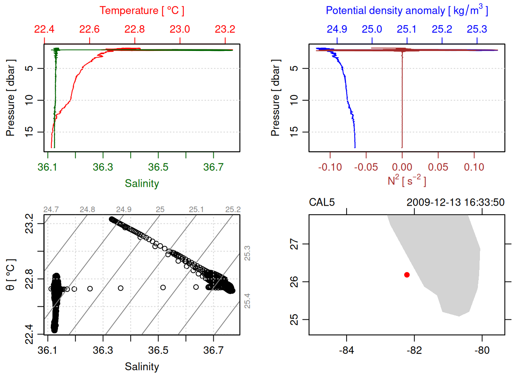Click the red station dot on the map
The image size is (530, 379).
[407, 275]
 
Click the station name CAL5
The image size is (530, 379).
[322, 203]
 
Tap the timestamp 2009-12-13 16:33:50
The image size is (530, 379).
[455, 203]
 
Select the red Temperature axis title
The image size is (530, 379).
[142, 11]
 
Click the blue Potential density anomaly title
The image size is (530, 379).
[407, 10]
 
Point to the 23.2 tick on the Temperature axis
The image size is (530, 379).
[225, 29]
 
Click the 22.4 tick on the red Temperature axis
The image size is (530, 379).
[44, 29]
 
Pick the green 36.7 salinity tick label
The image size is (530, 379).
[213, 167]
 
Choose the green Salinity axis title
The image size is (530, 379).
[142, 184]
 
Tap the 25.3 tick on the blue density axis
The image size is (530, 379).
[477, 29]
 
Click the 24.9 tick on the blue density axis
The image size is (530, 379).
[337, 29]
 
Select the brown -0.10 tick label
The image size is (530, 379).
[330, 167]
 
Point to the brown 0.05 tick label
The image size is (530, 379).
[438, 167]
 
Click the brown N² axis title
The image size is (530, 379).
[407, 181]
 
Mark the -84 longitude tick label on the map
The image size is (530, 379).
[346, 350]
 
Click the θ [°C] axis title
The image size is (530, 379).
[10, 275]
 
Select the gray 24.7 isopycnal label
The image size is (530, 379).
[51, 210]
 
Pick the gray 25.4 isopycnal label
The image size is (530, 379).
[247, 301]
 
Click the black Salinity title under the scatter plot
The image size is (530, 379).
[142, 367]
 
